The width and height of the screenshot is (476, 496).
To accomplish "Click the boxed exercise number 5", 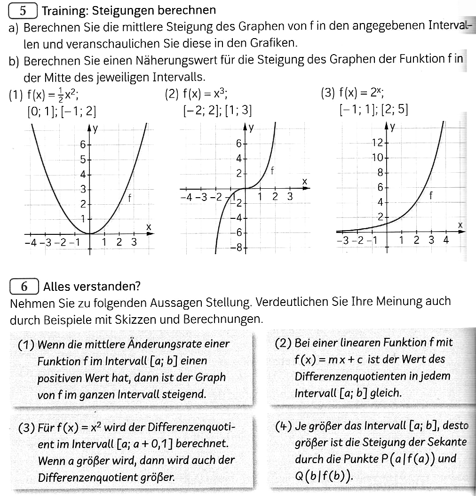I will pos(22,9).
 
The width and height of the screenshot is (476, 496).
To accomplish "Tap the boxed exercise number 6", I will pos(24,286).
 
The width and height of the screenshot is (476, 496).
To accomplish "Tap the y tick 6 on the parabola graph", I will pos(83,144).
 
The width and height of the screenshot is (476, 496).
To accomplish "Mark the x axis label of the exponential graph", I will pos(460,226).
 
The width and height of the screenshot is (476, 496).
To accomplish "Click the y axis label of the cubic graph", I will pos(252,127).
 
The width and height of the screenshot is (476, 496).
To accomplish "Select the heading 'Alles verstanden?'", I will pos(92,286).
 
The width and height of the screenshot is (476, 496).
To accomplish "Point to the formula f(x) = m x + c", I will pos(328,360).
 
